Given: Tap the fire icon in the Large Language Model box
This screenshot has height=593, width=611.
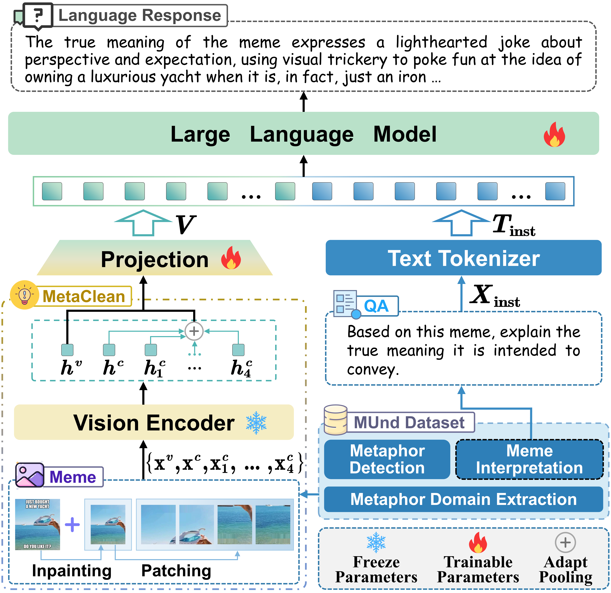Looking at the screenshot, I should coord(554,135).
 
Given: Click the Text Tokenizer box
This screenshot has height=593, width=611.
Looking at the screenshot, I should coord(463,258).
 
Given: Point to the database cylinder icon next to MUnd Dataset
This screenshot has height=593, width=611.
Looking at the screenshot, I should coord(335,419).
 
